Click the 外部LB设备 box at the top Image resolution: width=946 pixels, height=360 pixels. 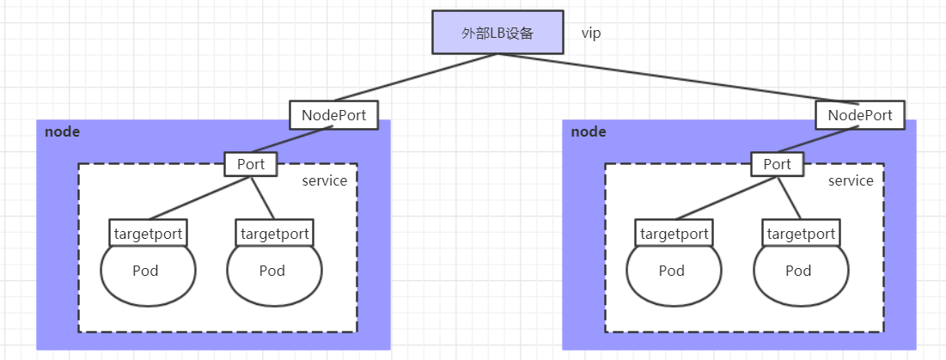tap(497, 34)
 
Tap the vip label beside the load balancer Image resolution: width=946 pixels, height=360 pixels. tap(590, 34)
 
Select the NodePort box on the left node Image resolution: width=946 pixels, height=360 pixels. tap(333, 114)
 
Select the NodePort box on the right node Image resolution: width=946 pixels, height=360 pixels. tap(859, 114)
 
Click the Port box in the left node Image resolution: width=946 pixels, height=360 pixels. tap(251, 164)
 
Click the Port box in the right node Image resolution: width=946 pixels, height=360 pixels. tap(777, 164)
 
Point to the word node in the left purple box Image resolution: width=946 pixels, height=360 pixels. tap(62, 131)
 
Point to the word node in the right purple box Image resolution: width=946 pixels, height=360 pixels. tap(588, 131)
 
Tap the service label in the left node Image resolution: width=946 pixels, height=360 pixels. tap(324, 180)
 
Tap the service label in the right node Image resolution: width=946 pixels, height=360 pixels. tap(850, 180)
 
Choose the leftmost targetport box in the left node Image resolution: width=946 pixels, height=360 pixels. tap(148, 233)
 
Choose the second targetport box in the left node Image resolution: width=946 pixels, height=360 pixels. tap(275, 233)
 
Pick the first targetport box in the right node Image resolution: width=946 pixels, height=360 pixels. tap(674, 233)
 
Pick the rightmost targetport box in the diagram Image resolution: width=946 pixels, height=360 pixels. tap(801, 233)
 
